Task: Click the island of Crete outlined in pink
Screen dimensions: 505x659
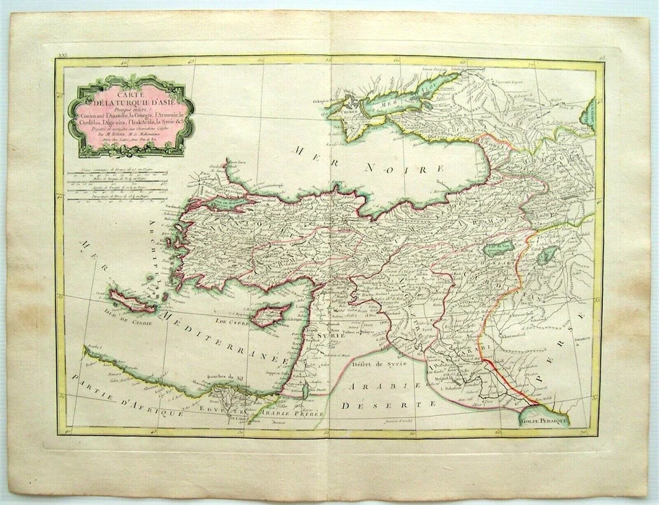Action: coord(132,302)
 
